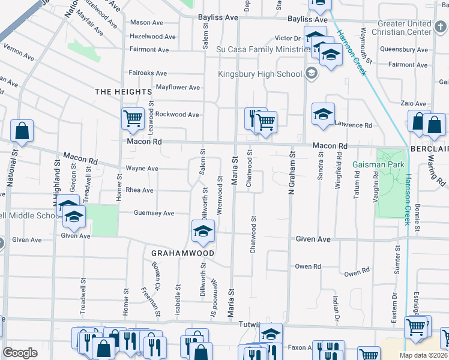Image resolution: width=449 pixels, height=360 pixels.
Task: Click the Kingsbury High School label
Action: click(x=259, y=74)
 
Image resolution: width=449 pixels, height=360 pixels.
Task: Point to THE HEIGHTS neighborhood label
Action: click(x=124, y=91)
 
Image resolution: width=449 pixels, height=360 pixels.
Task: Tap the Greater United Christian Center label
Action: click(x=401, y=28)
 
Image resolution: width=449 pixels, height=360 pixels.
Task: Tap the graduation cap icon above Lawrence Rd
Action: click(x=322, y=115)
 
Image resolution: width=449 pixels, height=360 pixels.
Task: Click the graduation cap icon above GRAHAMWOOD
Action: click(x=203, y=231)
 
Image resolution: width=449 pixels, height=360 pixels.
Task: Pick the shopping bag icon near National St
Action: click(x=22, y=131)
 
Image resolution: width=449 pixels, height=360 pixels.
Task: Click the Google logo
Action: click(x=20, y=352)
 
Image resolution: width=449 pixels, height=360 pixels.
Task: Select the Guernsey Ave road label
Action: click(x=155, y=213)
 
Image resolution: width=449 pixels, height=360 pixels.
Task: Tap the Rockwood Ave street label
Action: click(x=177, y=114)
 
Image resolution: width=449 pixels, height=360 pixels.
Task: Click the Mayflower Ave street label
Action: click(x=178, y=87)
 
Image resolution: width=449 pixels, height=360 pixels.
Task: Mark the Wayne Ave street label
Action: click(x=142, y=169)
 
